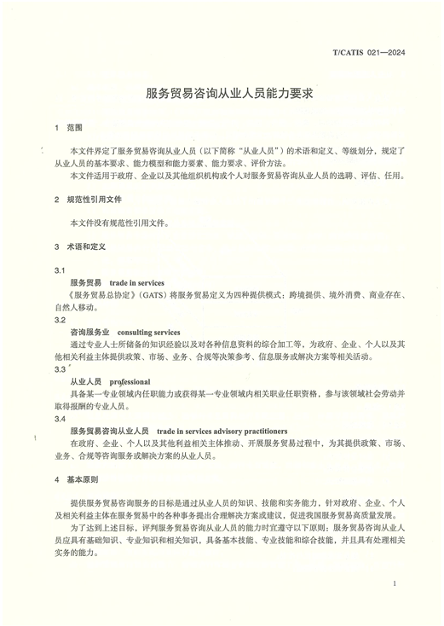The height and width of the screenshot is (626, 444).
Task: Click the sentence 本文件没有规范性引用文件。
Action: [x=119, y=223]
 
